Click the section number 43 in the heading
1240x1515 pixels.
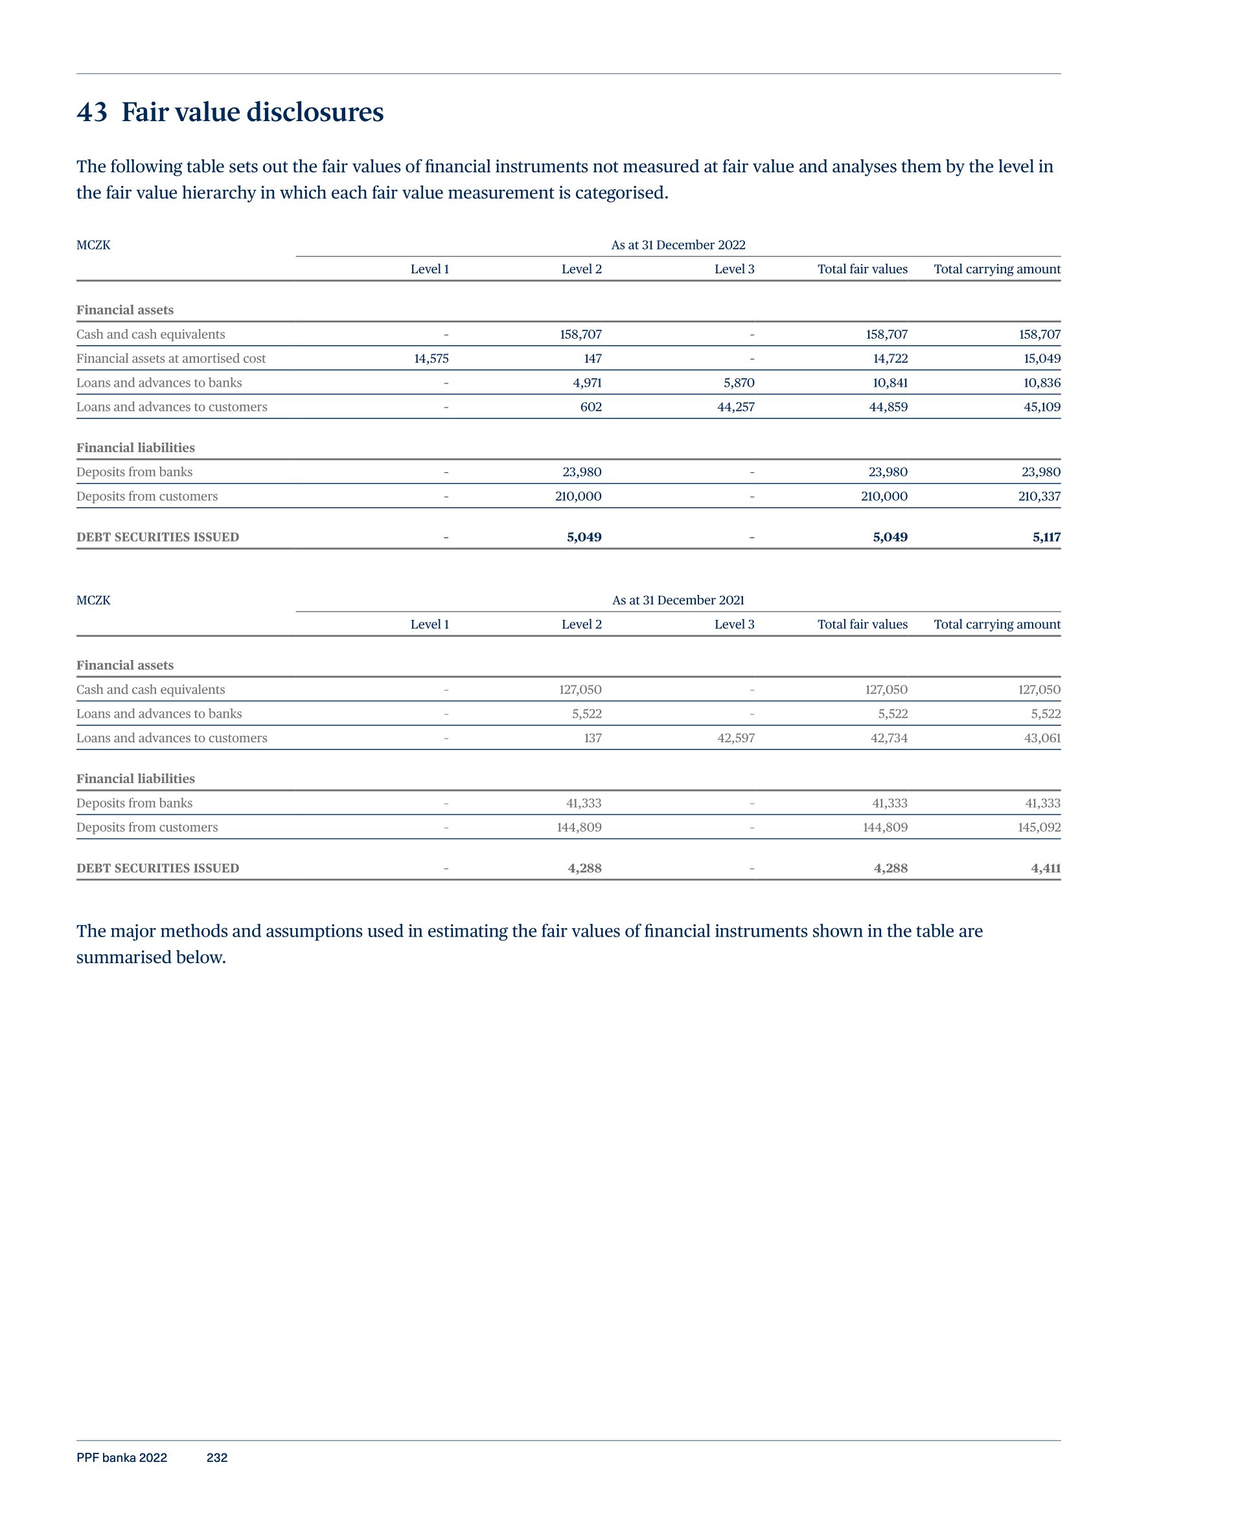click(x=92, y=112)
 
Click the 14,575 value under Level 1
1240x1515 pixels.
click(x=431, y=358)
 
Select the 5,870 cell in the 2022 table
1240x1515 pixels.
click(x=739, y=383)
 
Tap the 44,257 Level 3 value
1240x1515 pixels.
click(x=736, y=407)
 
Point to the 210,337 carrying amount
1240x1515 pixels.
click(x=1039, y=496)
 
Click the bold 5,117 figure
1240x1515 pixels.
click(x=1046, y=537)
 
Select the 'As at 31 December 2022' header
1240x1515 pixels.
click(x=678, y=245)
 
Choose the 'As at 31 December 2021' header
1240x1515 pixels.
click(x=678, y=600)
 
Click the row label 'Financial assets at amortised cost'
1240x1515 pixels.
click(x=171, y=358)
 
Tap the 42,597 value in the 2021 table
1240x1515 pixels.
click(x=736, y=738)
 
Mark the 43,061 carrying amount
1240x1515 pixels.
click(x=1042, y=738)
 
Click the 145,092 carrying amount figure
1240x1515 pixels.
click(x=1039, y=828)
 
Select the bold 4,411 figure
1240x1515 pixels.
click(x=1046, y=868)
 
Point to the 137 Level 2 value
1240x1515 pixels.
click(x=592, y=738)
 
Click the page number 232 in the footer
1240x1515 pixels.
click(x=216, y=1458)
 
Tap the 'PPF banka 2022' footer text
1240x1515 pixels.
click(x=121, y=1458)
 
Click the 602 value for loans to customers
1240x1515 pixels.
click(x=591, y=407)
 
